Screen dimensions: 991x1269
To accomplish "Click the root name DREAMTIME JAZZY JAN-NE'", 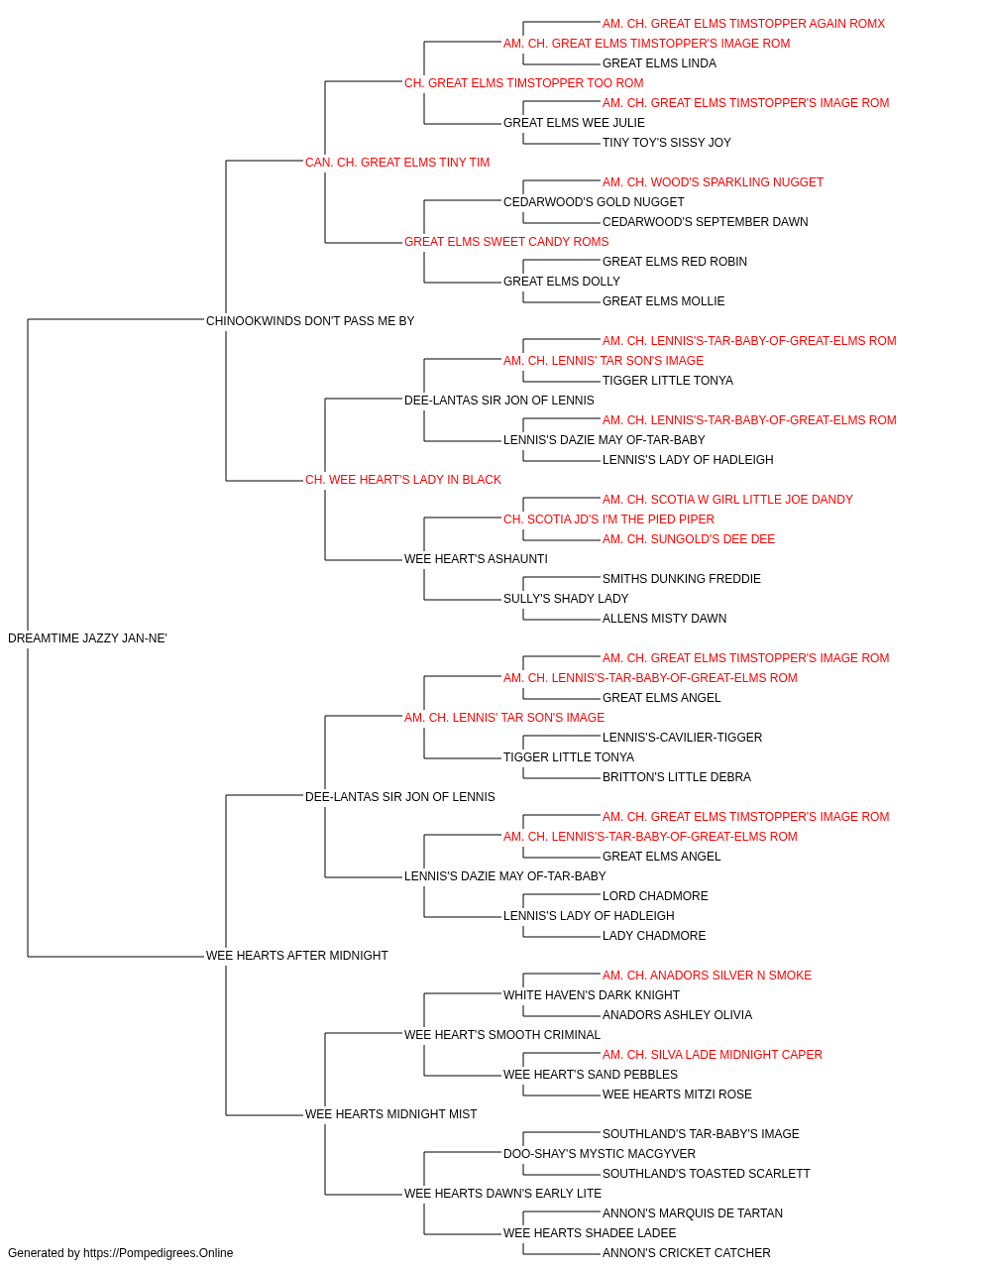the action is pos(87,638).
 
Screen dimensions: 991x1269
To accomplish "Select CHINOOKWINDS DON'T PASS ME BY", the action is pos(310,321).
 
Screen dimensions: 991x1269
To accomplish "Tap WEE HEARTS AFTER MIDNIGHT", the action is pos(297,956).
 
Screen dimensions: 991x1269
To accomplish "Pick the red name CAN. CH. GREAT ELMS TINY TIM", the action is pos(396,163).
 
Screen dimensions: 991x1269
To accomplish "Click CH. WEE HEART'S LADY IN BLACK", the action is pos(402,480).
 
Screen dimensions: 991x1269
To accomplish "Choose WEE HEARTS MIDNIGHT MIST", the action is pos(391,1114).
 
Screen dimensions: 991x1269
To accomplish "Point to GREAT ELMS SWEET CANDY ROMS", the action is pos(506,242).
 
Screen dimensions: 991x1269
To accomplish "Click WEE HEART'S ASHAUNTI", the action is pos(476,559).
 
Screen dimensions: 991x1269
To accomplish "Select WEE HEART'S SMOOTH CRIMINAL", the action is pos(501,1035).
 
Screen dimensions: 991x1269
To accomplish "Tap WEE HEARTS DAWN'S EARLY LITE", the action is pos(502,1193).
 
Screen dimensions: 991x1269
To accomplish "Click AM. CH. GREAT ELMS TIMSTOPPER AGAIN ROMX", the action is pos(743,24).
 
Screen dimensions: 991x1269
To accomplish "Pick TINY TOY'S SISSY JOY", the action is pos(667,143).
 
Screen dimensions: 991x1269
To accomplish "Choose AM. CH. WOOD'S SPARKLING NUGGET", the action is pos(713,182).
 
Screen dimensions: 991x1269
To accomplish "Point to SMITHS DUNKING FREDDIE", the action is pos(681,579).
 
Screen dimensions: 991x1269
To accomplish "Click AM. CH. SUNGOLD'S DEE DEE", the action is pos(688,539).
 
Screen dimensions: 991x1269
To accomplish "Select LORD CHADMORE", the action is pos(655,896).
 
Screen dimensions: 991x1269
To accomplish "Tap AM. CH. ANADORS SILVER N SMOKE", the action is pos(707,976).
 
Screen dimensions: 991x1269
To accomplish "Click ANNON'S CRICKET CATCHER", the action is pos(687,1253).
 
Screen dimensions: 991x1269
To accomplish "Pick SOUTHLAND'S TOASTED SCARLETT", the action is pos(707,1173).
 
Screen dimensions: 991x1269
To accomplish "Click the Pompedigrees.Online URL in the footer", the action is pos(158,1253).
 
